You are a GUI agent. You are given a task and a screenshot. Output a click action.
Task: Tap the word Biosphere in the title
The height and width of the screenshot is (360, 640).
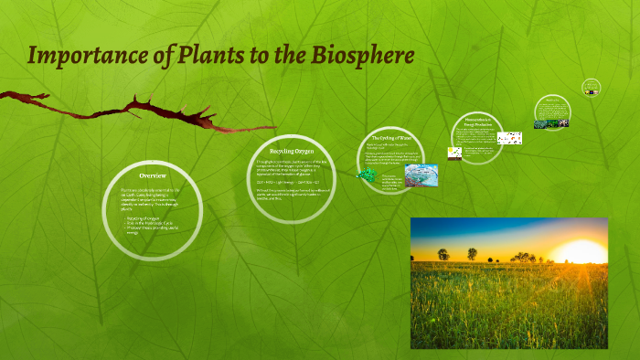point(367,56)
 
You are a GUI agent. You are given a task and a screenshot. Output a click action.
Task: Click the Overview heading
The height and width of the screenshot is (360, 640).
point(152,175)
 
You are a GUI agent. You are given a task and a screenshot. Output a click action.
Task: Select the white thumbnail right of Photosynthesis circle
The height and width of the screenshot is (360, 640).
point(509,138)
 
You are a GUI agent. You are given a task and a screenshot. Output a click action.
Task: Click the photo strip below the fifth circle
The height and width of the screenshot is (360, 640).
point(552,122)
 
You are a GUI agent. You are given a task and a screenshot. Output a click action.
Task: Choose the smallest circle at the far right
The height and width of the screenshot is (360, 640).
point(591,87)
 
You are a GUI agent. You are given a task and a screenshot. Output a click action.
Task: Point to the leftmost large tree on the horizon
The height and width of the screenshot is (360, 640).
point(443,253)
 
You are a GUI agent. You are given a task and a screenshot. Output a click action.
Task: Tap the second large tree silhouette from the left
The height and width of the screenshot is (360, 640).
point(472,253)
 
